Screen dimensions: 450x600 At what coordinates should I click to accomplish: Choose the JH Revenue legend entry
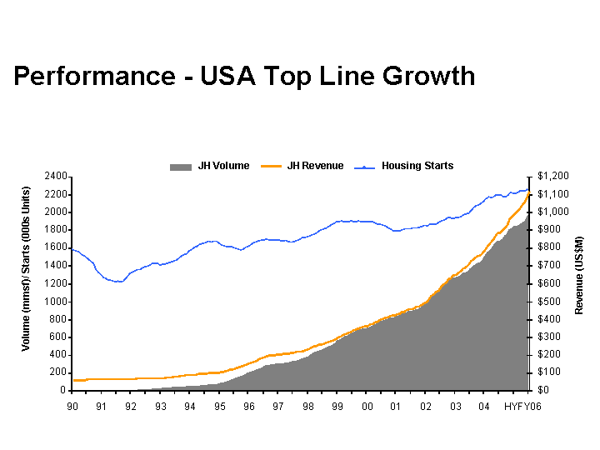pos(315,166)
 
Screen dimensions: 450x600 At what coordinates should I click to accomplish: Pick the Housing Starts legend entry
pos(417,166)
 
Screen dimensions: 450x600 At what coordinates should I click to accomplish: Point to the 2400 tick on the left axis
pos(55,177)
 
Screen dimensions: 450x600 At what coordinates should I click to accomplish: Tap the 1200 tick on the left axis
pos(55,283)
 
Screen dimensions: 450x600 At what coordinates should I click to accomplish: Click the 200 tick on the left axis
pos(58,372)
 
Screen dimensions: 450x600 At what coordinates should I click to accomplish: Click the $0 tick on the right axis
pos(542,390)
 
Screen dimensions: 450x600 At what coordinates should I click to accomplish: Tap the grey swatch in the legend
pos(180,167)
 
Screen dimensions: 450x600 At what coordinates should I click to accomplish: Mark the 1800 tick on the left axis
pos(55,230)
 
